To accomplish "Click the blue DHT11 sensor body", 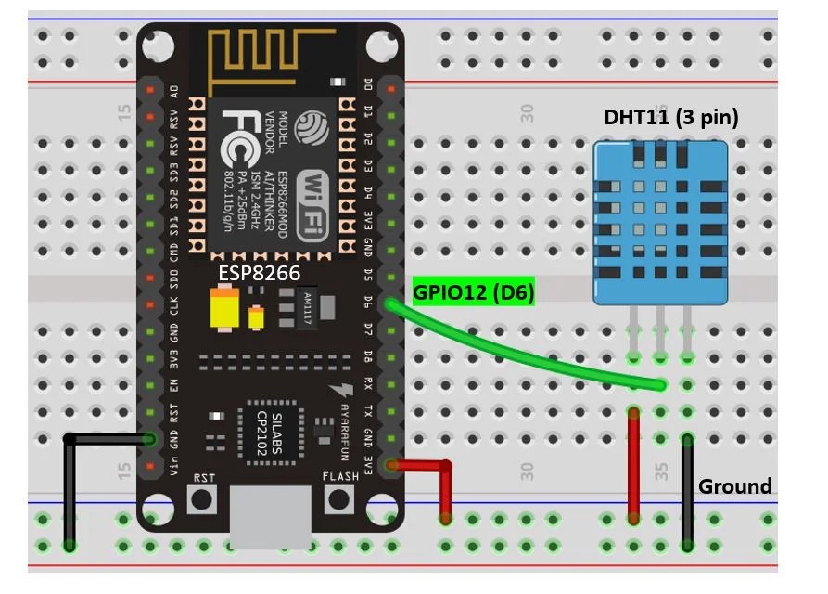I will click(660, 223).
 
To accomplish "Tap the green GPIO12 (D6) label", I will click(474, 291).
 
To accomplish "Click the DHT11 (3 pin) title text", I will click(671, 118).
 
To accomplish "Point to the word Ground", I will click(734, 486).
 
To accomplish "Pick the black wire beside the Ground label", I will click(687, 492).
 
